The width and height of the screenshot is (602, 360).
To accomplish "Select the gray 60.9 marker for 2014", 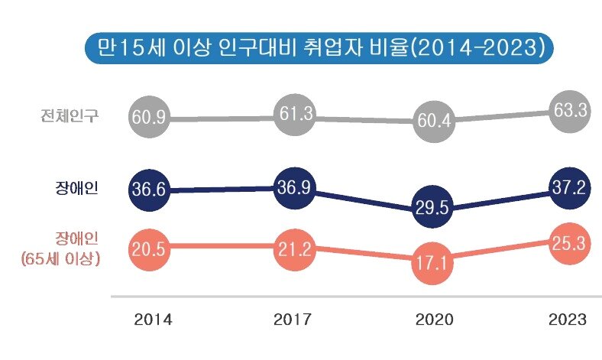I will pos(149,118).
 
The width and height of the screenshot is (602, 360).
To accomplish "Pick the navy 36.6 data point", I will pos(149,191).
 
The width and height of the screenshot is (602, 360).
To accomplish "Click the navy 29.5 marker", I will pos(434,208).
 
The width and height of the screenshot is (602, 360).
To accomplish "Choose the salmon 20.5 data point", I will pos(149,248).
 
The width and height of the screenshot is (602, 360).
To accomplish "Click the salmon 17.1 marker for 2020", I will pos(434,262).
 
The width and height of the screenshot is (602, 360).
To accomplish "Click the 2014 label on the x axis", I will pos(153,319).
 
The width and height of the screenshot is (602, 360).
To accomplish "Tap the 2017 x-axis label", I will pos(293,319).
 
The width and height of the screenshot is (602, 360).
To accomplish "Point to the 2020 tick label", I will pos(434,319).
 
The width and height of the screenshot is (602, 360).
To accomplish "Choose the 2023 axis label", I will pos(567,319).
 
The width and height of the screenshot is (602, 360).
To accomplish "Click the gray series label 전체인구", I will pos(73,116).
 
